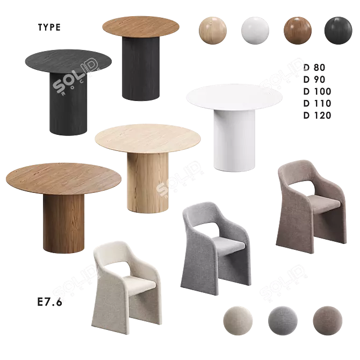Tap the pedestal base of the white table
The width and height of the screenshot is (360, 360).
coord(231,142)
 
